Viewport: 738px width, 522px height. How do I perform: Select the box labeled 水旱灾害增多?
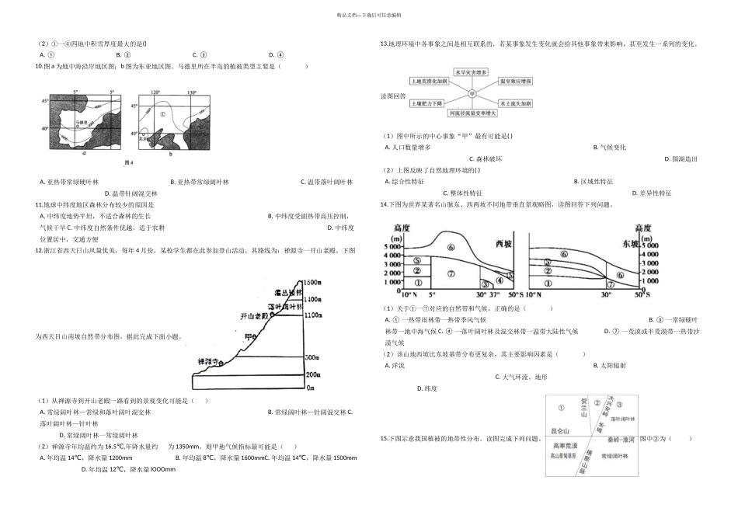click(x=471, y=72)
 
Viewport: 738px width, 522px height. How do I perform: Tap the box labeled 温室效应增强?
click(x=516, y=82)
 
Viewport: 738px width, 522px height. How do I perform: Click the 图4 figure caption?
click(x=130, y=162)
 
